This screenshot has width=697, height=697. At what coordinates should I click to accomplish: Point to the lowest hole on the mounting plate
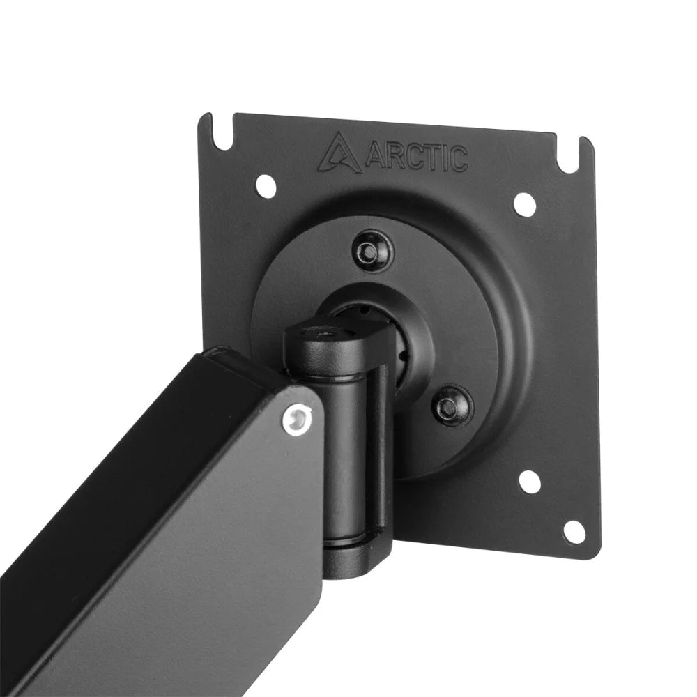tap(573, 532)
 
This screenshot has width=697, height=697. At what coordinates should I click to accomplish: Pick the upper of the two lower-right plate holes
tap(530, 480)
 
